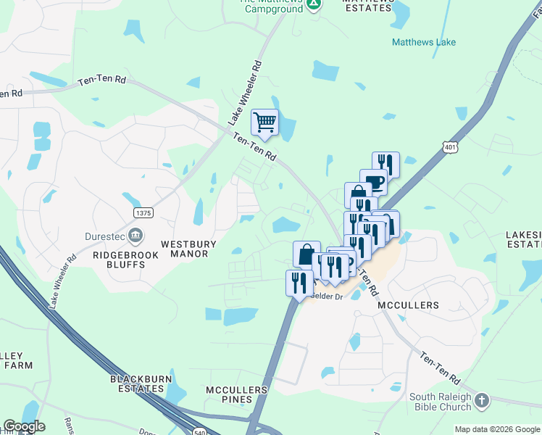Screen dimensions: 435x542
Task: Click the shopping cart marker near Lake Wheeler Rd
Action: coord(265,122)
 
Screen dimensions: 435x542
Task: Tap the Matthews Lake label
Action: coord(424,42)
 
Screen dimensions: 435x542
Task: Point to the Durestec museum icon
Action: coord(135,235)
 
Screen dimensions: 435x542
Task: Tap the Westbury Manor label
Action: coord(184,249)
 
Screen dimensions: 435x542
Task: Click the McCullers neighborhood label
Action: coord(408,305)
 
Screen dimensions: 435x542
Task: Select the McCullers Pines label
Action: coord(237,394)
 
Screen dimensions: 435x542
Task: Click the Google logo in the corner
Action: coord(24,426)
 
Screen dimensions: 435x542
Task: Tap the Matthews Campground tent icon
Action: coord(313,5)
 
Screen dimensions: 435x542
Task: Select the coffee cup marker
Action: coord(373,181)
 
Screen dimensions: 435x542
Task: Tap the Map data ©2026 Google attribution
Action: coord(497,429)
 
